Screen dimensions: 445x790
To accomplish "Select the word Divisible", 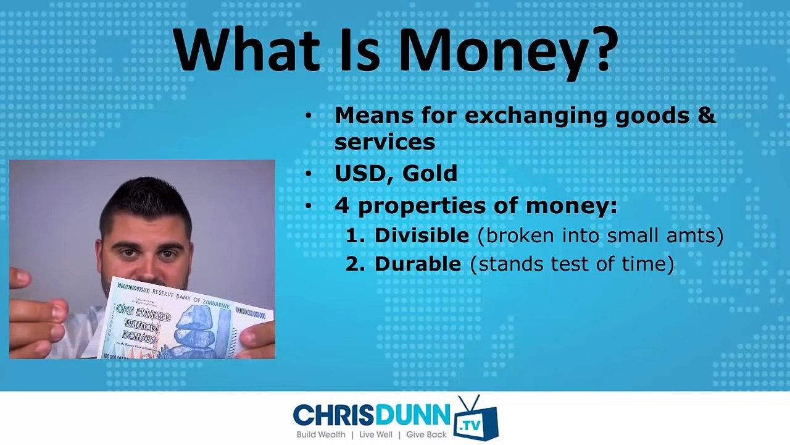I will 422,235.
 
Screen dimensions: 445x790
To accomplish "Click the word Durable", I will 418,264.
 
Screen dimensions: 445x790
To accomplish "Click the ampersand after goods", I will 707,115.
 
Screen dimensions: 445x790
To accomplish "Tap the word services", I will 385,142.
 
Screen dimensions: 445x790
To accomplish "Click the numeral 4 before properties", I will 342,206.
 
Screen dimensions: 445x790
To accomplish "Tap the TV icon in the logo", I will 476,418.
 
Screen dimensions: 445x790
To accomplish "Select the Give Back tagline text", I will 426,434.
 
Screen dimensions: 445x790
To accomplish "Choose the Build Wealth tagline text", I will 321,434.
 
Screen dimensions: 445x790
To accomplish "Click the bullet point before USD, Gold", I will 309,174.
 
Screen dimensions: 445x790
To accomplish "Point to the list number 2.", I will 355,265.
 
